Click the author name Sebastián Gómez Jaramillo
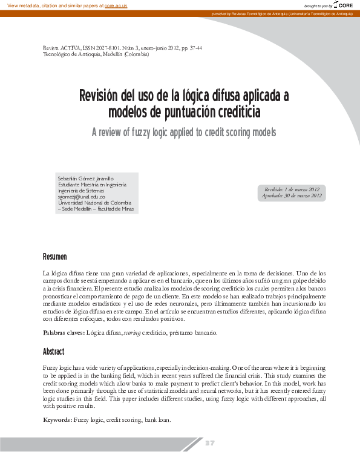(85, 179)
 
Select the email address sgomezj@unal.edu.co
(82, 197)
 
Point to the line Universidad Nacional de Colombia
(94, 203)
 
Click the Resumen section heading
(55, 257)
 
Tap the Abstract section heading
(53, 352)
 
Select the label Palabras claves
(64, 333)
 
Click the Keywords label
(57, 419)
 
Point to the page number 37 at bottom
(209, 444)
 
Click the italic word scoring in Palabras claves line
(133, 333)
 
